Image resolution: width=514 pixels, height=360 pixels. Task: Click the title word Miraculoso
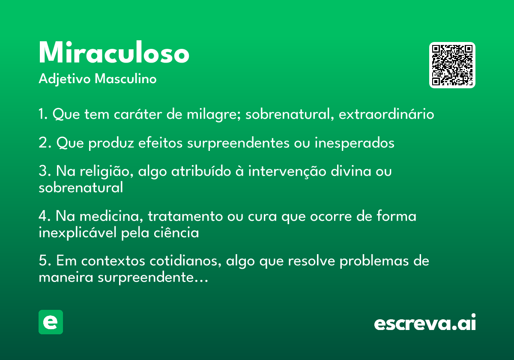(114, 52)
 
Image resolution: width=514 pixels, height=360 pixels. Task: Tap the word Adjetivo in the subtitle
(65, 79)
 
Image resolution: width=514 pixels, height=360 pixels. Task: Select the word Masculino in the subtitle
(126, 78)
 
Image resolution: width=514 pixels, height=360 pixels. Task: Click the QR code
(452, 65)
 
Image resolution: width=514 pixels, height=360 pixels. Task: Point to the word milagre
(214, 114)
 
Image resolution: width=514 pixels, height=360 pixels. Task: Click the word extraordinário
(386, 114)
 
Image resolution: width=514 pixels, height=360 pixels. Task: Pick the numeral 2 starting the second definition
(43, 143)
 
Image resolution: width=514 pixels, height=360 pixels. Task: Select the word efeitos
(160, 142)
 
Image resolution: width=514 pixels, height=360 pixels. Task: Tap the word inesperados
(354, 143)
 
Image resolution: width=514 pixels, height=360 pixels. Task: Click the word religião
(107, 171)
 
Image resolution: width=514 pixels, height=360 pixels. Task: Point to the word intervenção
(287, 171)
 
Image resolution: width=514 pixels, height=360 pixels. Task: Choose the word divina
(351, 171)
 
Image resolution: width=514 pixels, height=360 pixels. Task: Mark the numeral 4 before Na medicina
(44, 216)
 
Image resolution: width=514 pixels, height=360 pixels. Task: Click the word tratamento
(185, 216)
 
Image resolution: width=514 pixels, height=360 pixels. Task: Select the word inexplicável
(78, 233)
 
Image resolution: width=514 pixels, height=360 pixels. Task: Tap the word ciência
(176, 232)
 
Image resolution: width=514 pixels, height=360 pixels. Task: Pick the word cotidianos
(185, 261)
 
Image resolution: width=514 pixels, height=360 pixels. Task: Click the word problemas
(374, 261)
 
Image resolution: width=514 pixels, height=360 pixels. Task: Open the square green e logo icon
(51, 322)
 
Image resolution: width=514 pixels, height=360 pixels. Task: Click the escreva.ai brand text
(425, 322)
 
